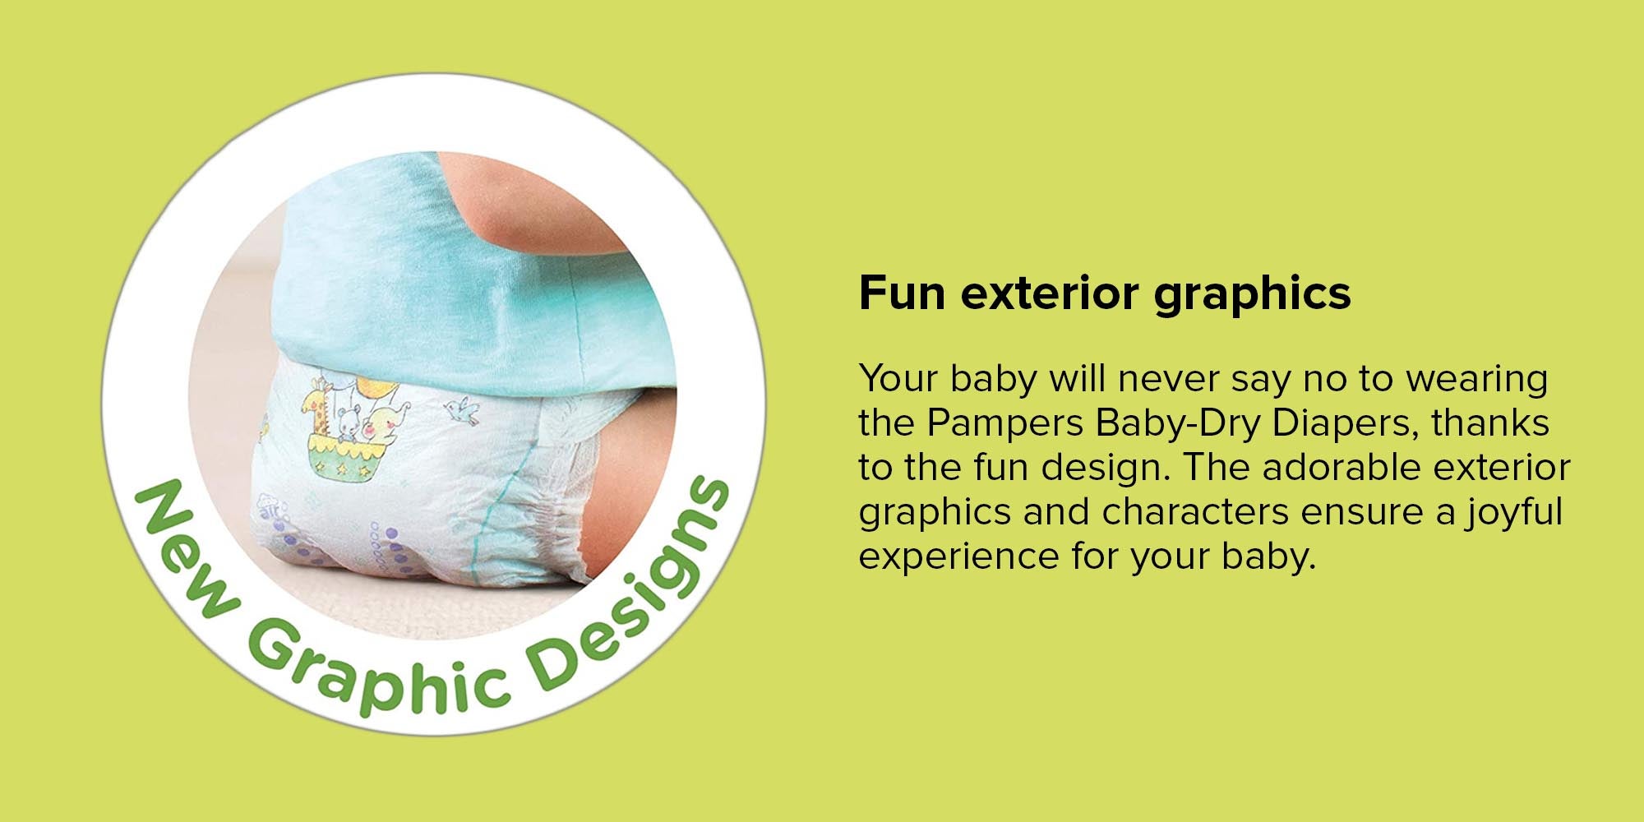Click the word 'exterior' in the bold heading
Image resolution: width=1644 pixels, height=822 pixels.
(1051, 293)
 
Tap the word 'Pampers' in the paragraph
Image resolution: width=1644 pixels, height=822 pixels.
(1005, 424)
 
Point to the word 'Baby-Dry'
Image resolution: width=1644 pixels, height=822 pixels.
(1178, 424)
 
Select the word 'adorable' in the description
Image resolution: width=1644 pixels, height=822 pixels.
(1341, 468)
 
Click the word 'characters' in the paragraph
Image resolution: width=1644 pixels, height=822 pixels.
(1195, 512)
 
